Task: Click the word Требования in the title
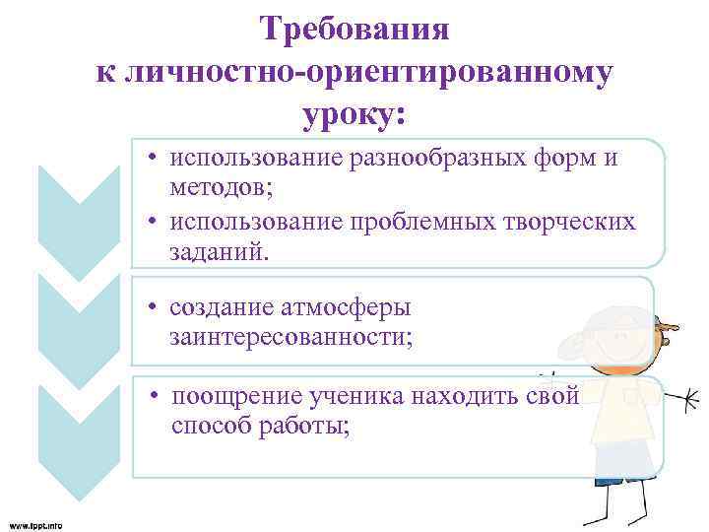tap(355, 29)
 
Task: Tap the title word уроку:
tap(355, 114)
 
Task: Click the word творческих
tap(576, 223)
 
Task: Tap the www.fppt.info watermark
tap(35, 525)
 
